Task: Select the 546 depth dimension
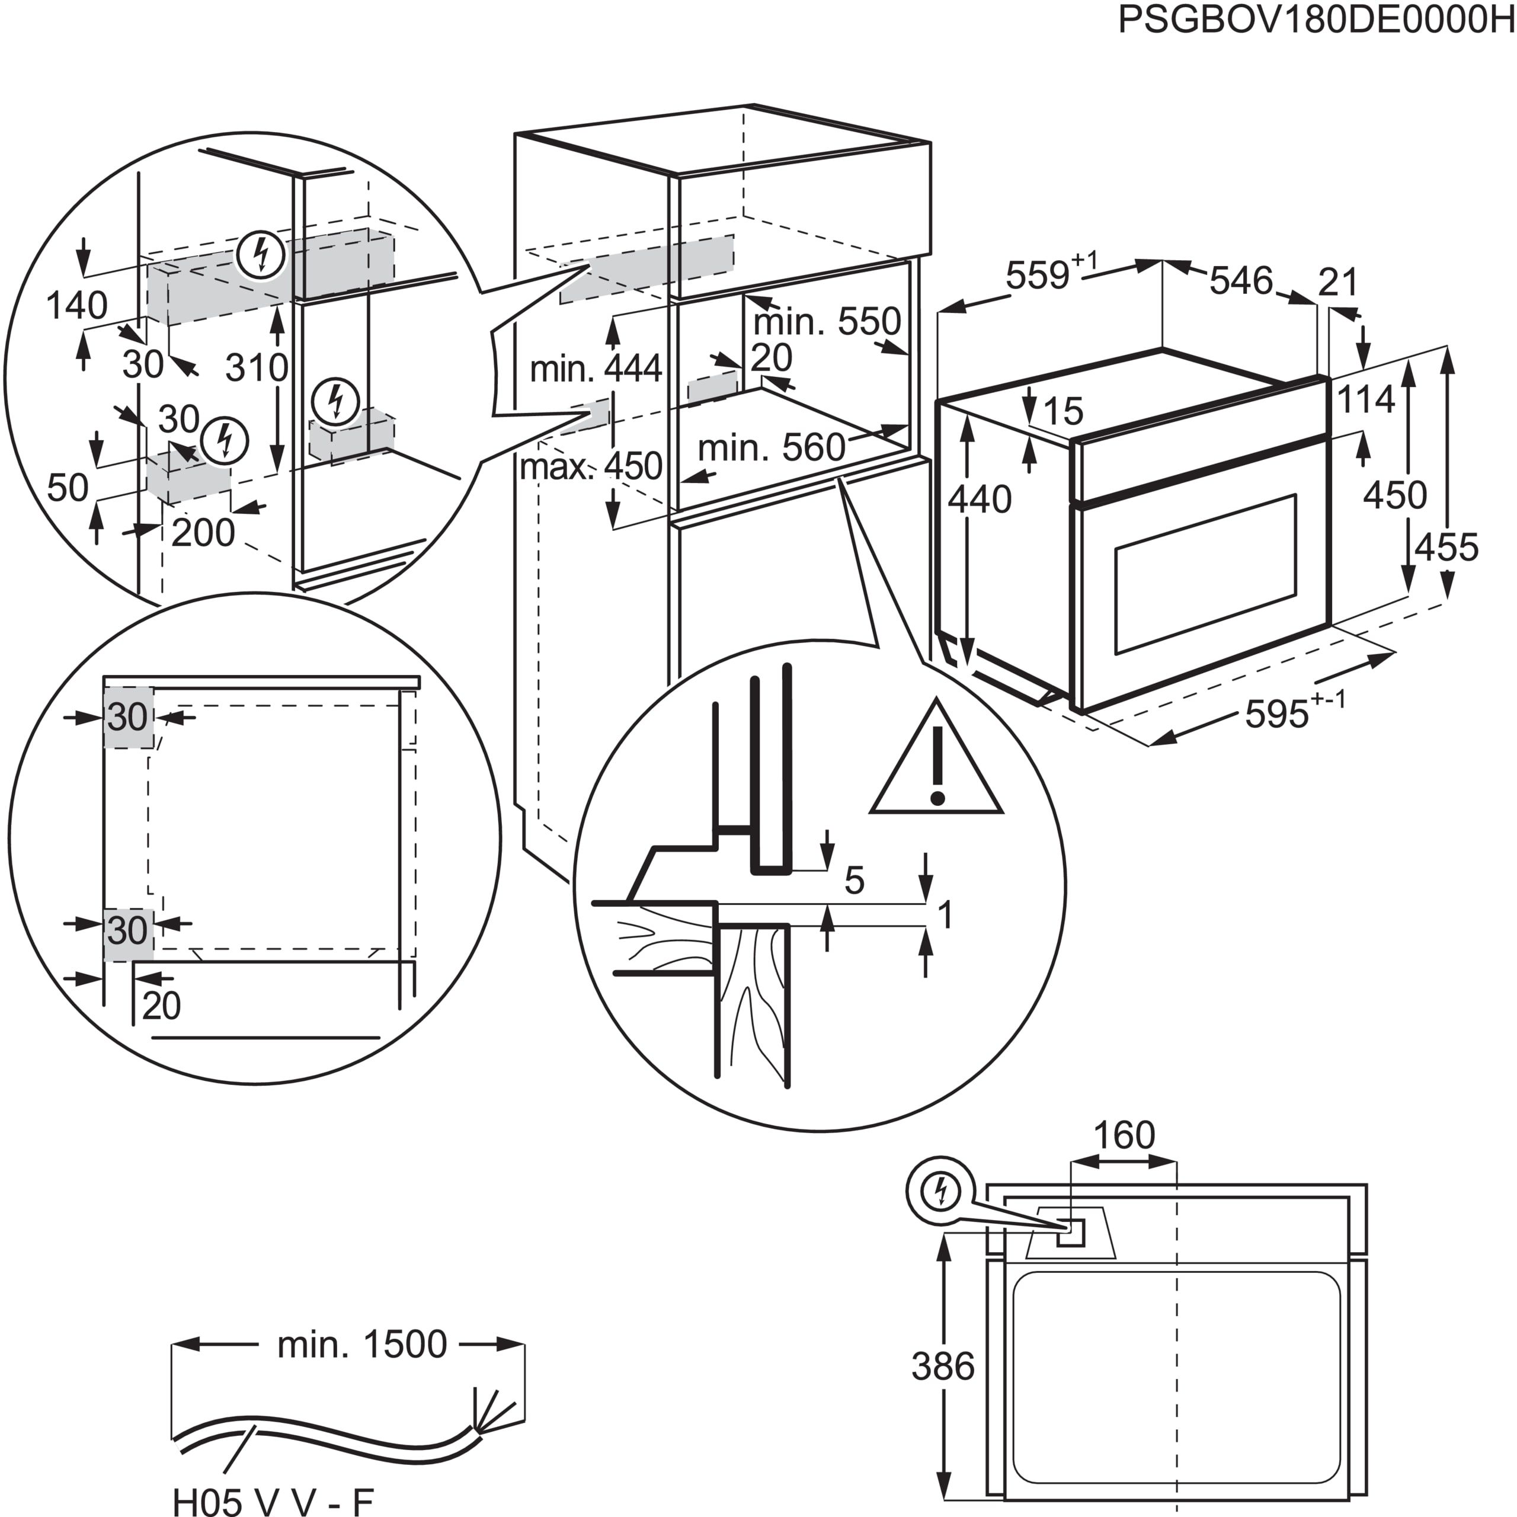tap(1241, 281)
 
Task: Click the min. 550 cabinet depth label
tap(826, 322)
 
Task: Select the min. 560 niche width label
tap(771, 449)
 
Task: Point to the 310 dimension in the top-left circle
tap(256, 367)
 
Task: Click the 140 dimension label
tap(77, 305)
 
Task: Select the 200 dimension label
tap(203, 533)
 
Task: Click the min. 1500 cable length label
tap(362, 1344)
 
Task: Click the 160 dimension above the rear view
tap(1124, 1135)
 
